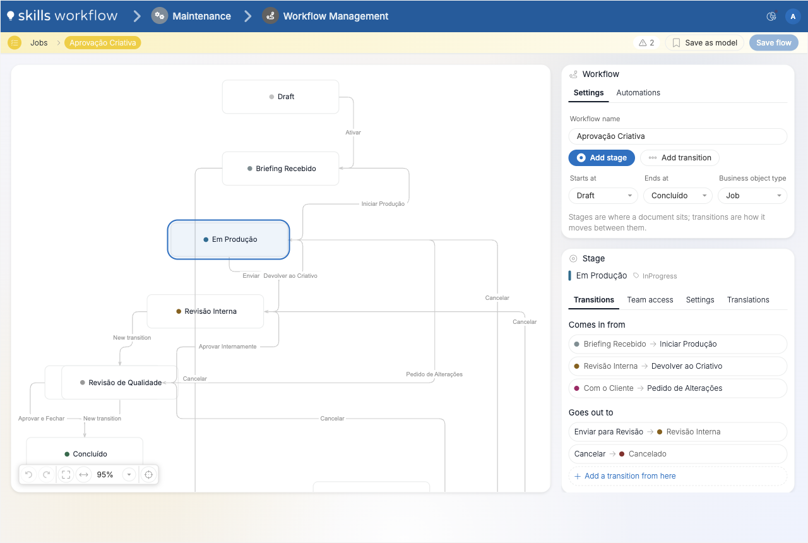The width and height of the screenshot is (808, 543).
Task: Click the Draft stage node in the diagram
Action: [280, 97]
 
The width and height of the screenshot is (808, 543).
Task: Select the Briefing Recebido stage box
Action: [280, 169]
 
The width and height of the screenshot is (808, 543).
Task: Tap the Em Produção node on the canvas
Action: [229, 239]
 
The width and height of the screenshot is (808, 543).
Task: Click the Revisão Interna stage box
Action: [205, 311]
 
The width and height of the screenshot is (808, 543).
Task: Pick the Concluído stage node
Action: [85, 453]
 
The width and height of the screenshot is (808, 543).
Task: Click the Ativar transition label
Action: [353, 133]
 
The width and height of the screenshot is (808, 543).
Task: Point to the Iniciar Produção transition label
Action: [383, 204]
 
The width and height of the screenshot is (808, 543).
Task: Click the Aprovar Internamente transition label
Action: [228, 347]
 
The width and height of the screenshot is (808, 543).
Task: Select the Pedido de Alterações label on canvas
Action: [434, 374]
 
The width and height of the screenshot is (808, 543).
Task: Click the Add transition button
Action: [680, 158]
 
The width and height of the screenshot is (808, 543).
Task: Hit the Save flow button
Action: [774, 42]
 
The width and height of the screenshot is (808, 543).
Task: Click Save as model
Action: [704, 42]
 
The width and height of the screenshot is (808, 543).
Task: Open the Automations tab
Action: [638, 93]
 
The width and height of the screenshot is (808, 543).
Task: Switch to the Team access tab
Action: [650, 300]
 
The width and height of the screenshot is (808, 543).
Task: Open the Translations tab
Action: [748, 300]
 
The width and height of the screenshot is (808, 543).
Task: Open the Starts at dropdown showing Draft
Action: [603, 196]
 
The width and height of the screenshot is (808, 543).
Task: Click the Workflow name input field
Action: [678, 136]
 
